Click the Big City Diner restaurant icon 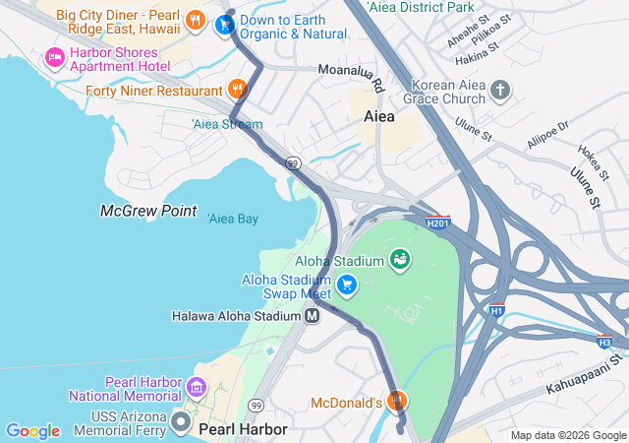(x=197, y=20)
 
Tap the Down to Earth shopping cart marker (x=224, y=27)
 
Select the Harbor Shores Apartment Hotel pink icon (x=54, y=58)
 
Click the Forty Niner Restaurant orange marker (x=237, y=90)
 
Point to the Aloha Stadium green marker (x=400, y=260)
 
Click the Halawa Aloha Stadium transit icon (x=312, y=316)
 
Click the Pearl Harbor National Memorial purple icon (x=197, y=388)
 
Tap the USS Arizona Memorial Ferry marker (x=181, y=422)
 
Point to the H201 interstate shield (x=438, y=223)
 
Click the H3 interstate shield (x=603, y=342)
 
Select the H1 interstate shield (x=498, y=310)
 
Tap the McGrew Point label (x=148, y=211)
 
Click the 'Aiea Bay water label (x=233, y=219)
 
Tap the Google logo (x=32, y=431)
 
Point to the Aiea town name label (x=378, y=116)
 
